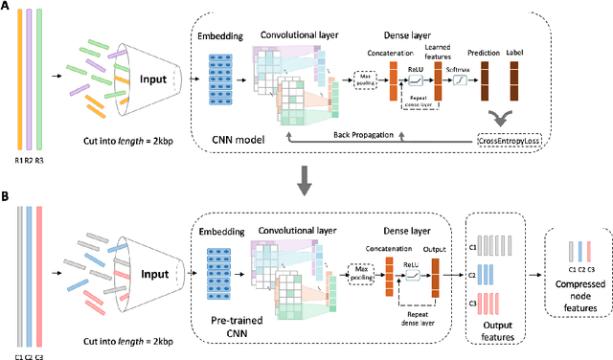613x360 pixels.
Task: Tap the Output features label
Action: (493, 329)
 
